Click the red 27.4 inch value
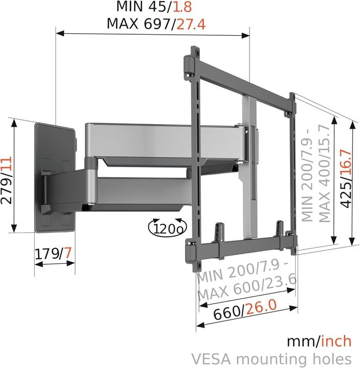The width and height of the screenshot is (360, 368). [x=191, y=24]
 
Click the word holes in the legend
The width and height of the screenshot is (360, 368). [x=332, y=358]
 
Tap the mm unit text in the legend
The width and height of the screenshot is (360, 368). [x=298, y=341]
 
